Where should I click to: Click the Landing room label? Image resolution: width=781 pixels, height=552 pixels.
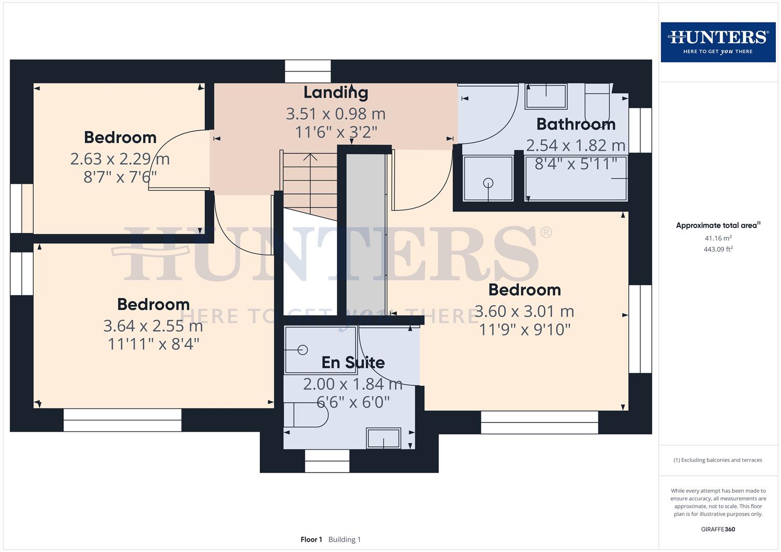point(336,93)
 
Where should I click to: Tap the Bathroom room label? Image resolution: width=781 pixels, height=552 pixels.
point(575,124)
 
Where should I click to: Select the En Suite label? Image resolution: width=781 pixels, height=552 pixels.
point(353,362)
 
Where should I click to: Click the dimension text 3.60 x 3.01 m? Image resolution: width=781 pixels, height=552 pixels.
point(524,311)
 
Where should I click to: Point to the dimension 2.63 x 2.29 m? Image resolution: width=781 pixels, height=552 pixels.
point(120,159)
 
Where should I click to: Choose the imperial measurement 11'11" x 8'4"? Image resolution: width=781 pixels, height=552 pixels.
point(153,344)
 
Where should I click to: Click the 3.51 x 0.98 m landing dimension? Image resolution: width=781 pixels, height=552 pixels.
point(336,113)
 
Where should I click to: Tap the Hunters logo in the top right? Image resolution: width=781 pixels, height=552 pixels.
point(718,42)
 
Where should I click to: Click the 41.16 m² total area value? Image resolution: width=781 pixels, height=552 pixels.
point(718,238)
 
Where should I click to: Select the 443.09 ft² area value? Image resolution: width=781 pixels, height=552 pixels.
point(718,249)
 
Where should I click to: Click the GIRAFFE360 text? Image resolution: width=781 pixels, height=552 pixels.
point(718,529)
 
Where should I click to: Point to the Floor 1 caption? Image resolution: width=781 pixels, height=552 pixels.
point(311,539)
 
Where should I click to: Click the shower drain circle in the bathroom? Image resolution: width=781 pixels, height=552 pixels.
point(488,182)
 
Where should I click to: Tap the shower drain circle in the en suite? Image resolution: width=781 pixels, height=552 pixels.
point(303,350)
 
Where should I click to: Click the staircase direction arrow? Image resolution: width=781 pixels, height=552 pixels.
point(310,157)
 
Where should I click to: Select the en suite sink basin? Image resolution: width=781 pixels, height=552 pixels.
point(383,439)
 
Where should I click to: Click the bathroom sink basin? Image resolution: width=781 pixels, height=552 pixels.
point(546,96)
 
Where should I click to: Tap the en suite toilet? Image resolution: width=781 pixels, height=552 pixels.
point(306,415)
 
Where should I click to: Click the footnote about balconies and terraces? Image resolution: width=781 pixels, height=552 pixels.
point(718,460)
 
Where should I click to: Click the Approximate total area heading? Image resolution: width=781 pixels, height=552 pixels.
point(718,225)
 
